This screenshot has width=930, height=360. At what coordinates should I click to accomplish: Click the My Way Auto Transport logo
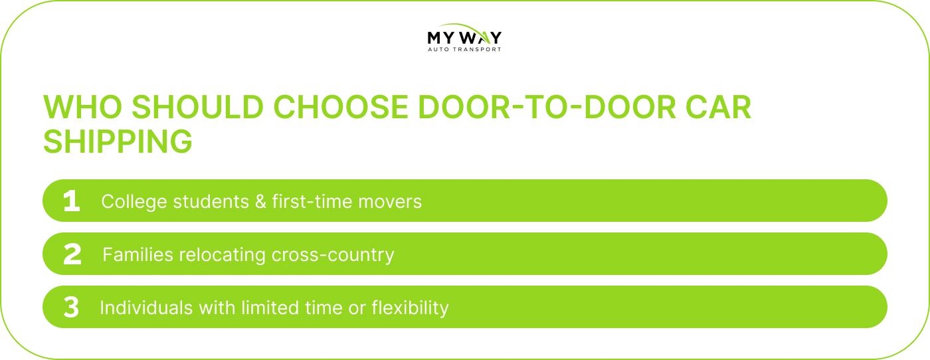click(x=464, y=37)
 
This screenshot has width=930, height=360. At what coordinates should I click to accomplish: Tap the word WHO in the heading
click(x=82, y=107)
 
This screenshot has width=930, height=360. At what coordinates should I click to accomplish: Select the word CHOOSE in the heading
click(x=340, y=107)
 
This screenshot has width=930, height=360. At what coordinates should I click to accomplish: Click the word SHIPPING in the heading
click(x=118, y=141)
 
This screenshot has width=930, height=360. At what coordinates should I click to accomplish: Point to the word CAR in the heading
click(x=718, y=107)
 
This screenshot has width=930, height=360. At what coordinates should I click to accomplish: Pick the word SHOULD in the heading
click(x=198, y=107)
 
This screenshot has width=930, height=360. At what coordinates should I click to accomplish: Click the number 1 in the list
click(x=72, y=201)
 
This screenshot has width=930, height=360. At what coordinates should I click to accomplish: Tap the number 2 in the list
click(x=72, y=254)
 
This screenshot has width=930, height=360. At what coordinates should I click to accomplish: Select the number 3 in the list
click(x=71, y=308)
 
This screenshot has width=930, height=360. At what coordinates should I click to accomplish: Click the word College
click(x=134, y=202)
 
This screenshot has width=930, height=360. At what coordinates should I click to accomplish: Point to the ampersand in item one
click(x=260, y=201)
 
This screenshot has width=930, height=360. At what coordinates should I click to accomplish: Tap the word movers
click(x=390, y=202)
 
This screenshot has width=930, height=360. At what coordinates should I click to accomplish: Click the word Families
click(x=138, y=254)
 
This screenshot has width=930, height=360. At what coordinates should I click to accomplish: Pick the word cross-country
click(x=333, y=255)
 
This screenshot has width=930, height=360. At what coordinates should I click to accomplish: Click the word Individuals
click(x=147, y=308)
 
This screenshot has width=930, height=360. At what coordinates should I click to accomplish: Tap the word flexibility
click(x=411, y=308)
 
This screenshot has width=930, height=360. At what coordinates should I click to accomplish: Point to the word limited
click(x=270, y=308)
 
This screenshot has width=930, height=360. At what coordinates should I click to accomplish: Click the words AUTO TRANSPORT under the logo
click(x=464, y=49)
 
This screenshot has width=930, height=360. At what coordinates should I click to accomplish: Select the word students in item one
click(x=211, y=201)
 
